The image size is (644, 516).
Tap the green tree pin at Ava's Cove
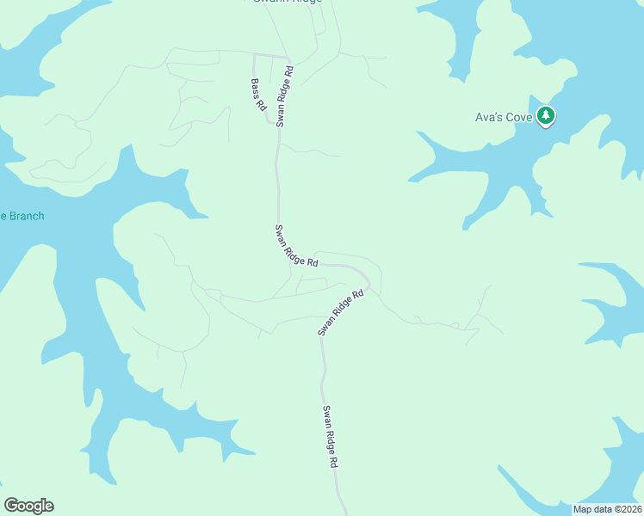[x=545, y=116]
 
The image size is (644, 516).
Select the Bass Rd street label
[x=258, y=95]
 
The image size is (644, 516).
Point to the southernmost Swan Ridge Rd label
[x=330, y=436]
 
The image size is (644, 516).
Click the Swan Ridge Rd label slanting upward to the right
[x=341, y=312]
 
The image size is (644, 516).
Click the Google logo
[x=28, y=506]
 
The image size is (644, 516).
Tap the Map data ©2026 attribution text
[x=606, y=508]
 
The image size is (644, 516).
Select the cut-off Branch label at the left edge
[x=22, y=216]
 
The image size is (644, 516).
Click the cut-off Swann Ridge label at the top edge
[x=287, y=2]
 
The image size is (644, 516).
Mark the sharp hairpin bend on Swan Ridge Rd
[x=368, y=281]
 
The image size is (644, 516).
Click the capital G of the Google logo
[x=11, y=506]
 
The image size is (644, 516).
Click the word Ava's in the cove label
[x=488, y=117]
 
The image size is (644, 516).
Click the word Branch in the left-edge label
[x=25, y=216]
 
